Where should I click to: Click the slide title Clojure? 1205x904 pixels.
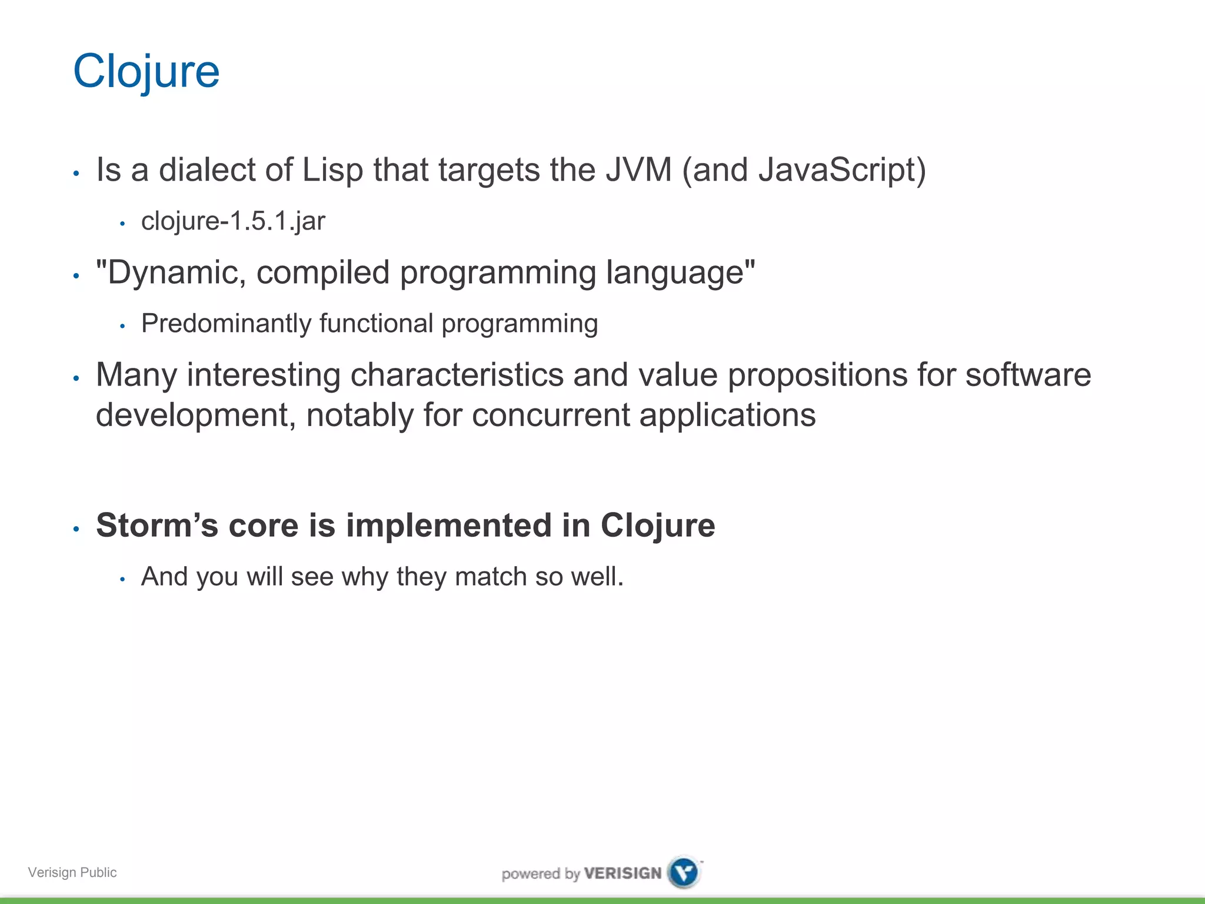pos(146,71)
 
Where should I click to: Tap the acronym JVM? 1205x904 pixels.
pos(639,170)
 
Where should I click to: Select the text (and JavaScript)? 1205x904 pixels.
pos(804,170)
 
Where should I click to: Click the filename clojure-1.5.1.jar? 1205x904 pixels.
pos(233,221)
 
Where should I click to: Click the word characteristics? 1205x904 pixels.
pos(457,375)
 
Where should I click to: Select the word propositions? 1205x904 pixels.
pos(817,375)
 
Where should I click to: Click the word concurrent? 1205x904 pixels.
pos(551,415)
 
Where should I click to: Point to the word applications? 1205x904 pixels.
pos(727,415)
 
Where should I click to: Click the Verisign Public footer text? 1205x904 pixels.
pos(72,872)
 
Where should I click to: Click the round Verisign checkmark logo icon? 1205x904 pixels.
pos(684,872)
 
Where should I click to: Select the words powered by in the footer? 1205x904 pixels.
pos(541,873)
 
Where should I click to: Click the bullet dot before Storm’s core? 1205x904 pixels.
pos(76,529)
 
